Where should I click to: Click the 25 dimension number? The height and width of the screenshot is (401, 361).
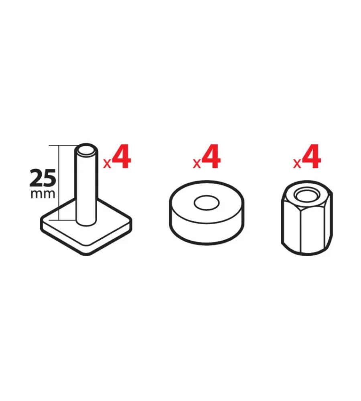tap(43, 178)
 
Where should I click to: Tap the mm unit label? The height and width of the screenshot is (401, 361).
tap(43, 194)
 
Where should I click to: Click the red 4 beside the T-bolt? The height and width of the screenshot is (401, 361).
tap(122, 156)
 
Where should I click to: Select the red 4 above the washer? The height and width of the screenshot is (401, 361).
tap(211, 156)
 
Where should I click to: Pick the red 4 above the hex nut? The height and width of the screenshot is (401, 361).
tap(311, 156)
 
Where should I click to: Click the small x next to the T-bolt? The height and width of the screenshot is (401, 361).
tap(107, 164)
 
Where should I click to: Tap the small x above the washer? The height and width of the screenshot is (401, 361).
tap(197, 164)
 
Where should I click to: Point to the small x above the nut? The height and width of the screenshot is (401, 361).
tap(297, 164)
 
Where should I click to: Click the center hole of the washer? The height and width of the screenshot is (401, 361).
tap(207, 203)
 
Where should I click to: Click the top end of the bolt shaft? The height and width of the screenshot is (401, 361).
tap(87, 150)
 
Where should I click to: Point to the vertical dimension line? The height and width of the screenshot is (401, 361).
tap(59, 182)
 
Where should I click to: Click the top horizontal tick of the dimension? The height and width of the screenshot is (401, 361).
tap(63, 146)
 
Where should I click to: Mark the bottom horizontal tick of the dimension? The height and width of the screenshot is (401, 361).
tap(67, 220)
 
